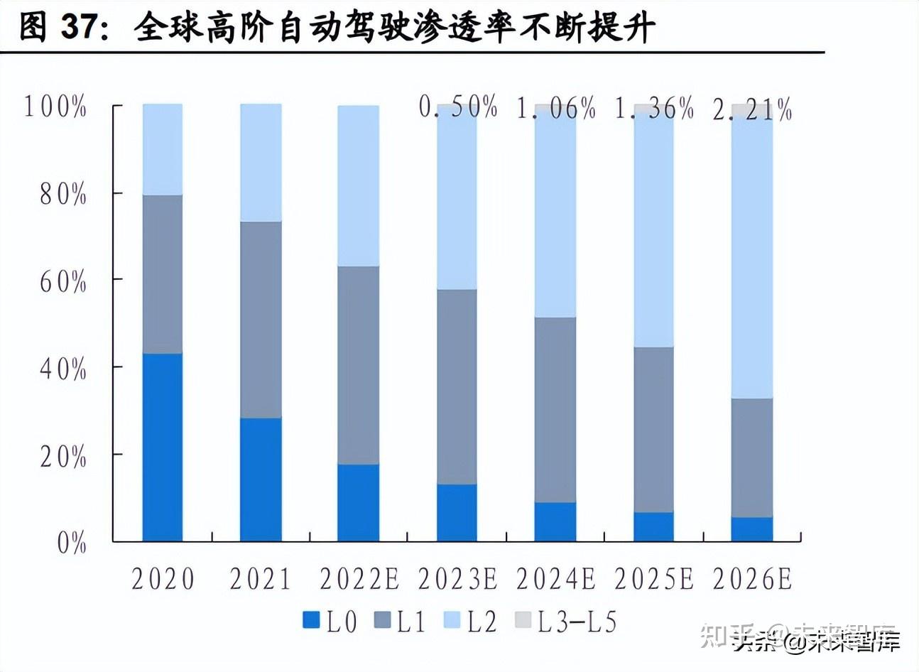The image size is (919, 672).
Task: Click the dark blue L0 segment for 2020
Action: pyautogui.click(x=162, y=447)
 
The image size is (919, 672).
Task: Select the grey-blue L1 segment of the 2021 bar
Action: pyautogui.click(x=261, y=320)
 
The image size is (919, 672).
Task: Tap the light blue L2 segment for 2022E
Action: pyautogui.click(x=358, y=186)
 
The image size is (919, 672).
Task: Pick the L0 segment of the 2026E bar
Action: pyautogui.click(x=751, y=529)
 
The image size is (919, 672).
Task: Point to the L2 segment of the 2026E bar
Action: pyautogui.click(x=751, y=256)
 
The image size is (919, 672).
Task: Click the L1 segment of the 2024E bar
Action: pyautogui.click(x=555, y=410)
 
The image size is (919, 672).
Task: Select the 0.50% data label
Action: pyautogui.click(x=458, y=108)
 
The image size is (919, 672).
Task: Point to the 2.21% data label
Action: pyautogui.click(x=752, y=110)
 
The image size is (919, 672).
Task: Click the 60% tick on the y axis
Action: pyautogui.click(x=62, y=282)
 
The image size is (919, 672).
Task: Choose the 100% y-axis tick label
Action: pyautogui.click(x=55, y=107)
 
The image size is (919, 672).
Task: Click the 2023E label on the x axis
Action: pyautogui.click(x=457, y=579)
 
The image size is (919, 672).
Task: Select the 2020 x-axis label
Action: pyautogui.click(x=163, y=579)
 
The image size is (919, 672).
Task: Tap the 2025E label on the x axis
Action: pyautogui.click(x=653, y=579)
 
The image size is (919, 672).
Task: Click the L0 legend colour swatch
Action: pyautogui.click(x=311, y=621)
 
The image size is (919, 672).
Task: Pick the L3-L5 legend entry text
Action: pyautogui.click(x=577, y=622)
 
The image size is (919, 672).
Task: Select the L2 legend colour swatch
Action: pyautogui.click(x=452, y=621)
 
